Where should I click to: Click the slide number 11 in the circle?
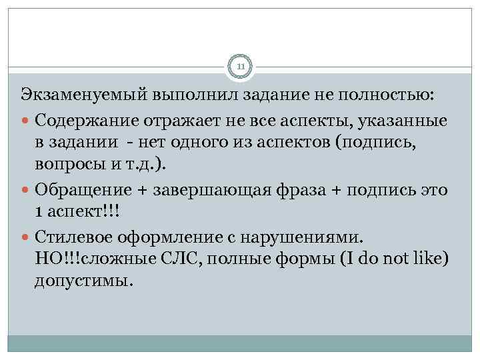coord(240,67)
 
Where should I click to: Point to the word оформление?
coord(159,237)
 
